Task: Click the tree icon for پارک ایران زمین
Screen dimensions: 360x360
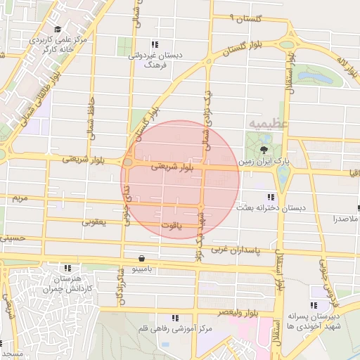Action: click(x=264, y=150)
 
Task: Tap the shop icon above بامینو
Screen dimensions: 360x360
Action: click(x=143, y=258)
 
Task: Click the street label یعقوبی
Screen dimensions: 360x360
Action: click(x=94, y=222)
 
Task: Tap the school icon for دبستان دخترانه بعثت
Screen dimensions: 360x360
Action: click(x=270, y=197)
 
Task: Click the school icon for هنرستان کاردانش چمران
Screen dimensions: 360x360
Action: click(x=68, y=268)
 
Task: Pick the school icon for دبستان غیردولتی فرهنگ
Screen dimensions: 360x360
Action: click(x=155, y=45)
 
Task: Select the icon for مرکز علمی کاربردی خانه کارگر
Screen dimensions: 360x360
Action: click(x=56, y=30)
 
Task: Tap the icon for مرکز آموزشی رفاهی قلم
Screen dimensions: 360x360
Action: click(x=175, y=318)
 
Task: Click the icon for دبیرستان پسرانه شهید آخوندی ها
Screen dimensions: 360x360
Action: click(x=314, y=305)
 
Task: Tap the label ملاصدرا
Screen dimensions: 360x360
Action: click(x=344, y=219)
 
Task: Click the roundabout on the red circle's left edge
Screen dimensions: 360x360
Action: click(x=129, y=163)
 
